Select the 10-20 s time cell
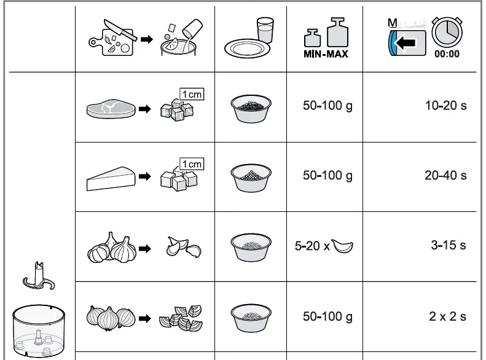[445, 106]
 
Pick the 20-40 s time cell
[445, 176]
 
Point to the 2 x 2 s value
[447, 317]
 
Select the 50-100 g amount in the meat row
[327, 106]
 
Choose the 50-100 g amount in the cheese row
[327, 176]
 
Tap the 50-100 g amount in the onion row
[327, 317]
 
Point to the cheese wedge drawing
[109, 179]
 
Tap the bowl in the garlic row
[251, 246]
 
